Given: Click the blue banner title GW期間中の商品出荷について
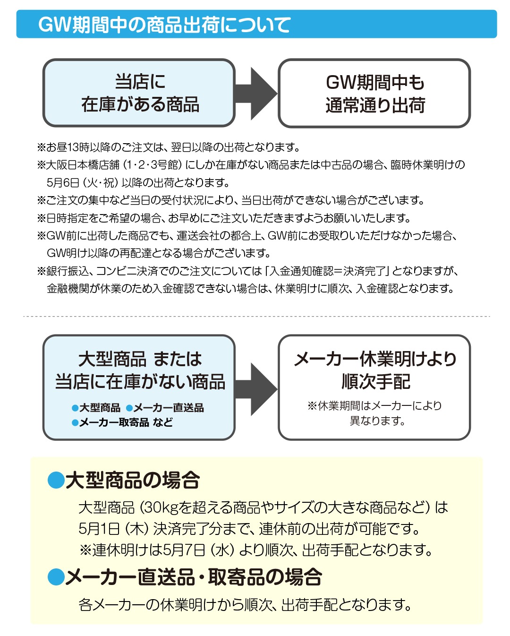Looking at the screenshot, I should click(164, 25).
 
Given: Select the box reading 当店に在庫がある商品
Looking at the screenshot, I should click(139, 93).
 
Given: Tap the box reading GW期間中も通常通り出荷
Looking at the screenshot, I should click(374, 93).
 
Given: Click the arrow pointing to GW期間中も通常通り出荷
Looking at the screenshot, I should click(256, 93).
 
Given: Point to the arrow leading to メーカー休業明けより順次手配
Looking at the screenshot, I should click(256, 389).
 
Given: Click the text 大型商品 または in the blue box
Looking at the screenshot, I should click(140, 359).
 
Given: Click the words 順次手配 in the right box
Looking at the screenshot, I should click(375, 381).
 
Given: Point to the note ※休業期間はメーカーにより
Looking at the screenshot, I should click(375, 405).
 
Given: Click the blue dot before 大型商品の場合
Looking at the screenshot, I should click(56, 481).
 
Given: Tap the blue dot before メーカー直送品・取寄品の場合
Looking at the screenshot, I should click(56, 577).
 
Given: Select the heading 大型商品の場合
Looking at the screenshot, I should click(133, 481).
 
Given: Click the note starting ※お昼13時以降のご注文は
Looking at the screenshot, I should click(168, 147).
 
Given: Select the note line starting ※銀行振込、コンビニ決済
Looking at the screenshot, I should click(247, 271).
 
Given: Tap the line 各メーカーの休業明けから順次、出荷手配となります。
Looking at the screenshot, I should click(245, 604).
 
